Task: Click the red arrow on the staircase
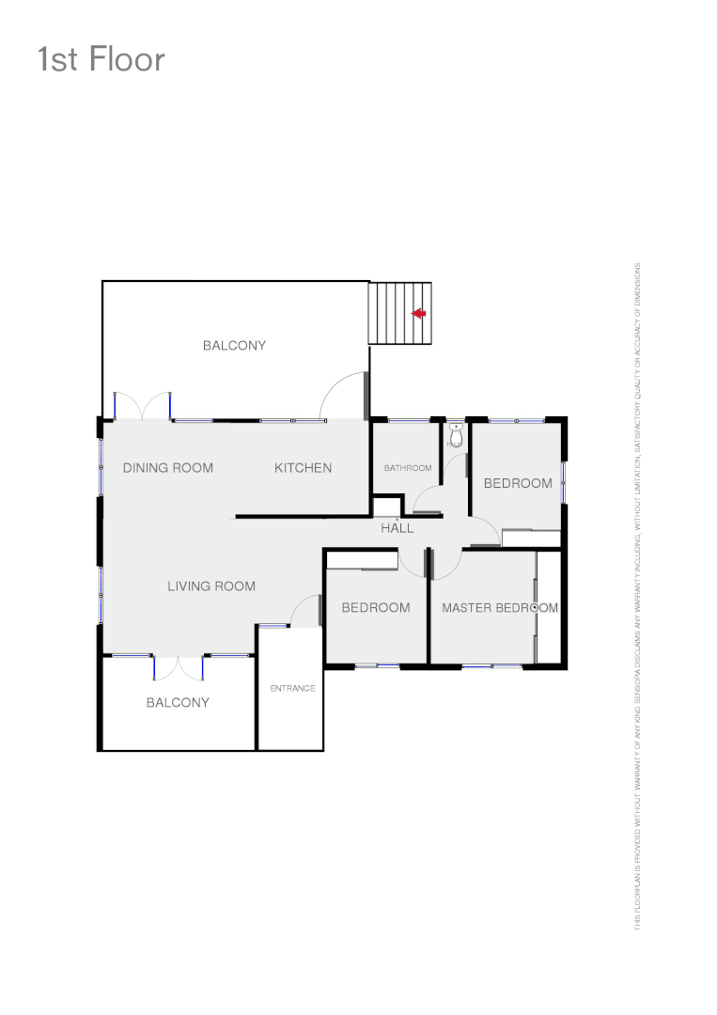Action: click(x=419, y=313)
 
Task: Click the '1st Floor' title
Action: click(x=101, y=59)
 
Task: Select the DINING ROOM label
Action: click(x=168, y=468)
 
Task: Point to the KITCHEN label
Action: click(x=303, y=468)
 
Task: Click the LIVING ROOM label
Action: click(x=211, y=586)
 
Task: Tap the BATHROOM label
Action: click(x=408, y=468)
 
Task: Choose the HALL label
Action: click(x=397, y=528)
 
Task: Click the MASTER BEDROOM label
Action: click(x=500, y=608)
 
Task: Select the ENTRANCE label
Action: click(x=292, y=689)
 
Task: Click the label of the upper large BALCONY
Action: click(x=234, y=346)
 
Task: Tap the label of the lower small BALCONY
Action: click(x=178, y=703)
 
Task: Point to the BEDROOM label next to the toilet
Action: click(x=518, y=483)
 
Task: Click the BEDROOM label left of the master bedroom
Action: click(x=375, y=608)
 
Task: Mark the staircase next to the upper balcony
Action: click(x=399, y=313)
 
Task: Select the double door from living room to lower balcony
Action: click(x=179, y=666)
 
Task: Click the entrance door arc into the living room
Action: click(x=305, y=611)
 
